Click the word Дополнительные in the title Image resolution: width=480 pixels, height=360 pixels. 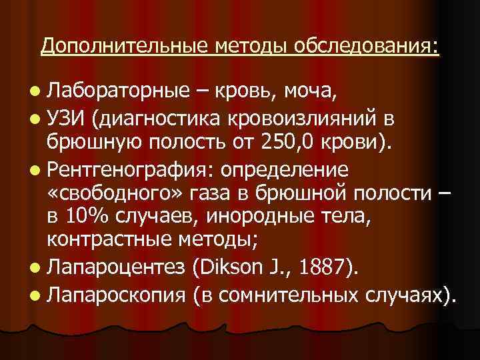point(125,46)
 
